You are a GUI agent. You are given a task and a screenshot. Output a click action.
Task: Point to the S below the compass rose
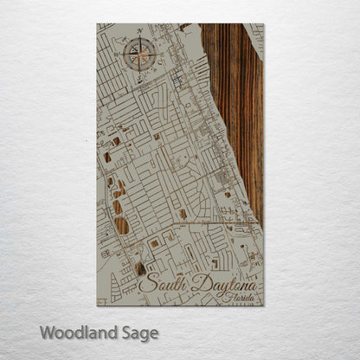click(138, 78)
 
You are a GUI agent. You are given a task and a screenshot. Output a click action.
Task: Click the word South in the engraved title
click(162, 283)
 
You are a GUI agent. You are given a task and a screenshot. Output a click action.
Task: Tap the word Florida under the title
click(240, 298)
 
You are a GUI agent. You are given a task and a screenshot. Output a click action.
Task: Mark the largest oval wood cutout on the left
click(121, 227)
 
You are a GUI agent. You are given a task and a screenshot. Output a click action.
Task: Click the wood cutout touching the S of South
click(139, 269)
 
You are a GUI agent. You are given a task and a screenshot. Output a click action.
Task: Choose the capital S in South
click(145, 283)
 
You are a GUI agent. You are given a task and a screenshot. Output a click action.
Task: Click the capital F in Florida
click(225, 297)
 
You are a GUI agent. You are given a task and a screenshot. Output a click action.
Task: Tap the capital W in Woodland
click(47, 332)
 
